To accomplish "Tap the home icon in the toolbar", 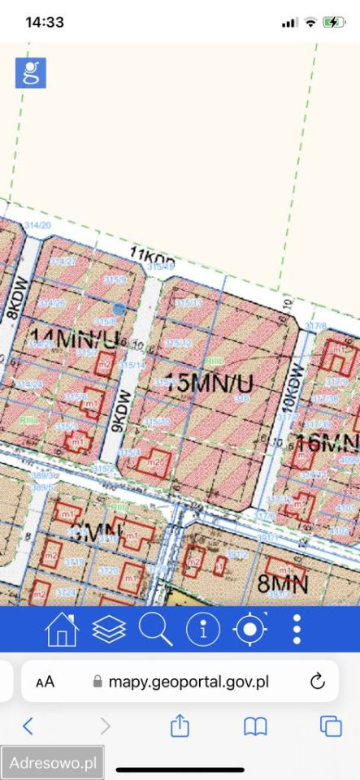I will [62, 630].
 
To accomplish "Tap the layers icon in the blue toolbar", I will [109, 630].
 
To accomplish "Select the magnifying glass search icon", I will [155, 630].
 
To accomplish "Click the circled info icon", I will [203, 630].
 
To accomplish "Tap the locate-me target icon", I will [249, 630].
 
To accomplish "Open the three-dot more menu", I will [297, 630].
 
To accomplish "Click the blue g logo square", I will [31, 73].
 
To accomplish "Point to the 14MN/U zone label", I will [73, 336].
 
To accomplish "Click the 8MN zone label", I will [282, 583].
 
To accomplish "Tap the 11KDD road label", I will [152, 259].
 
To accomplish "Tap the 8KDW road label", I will [12, 301].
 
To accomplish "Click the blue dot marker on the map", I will [119, 309].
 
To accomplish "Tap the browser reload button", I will [318, 681].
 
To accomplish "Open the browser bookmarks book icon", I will [256, 726].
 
